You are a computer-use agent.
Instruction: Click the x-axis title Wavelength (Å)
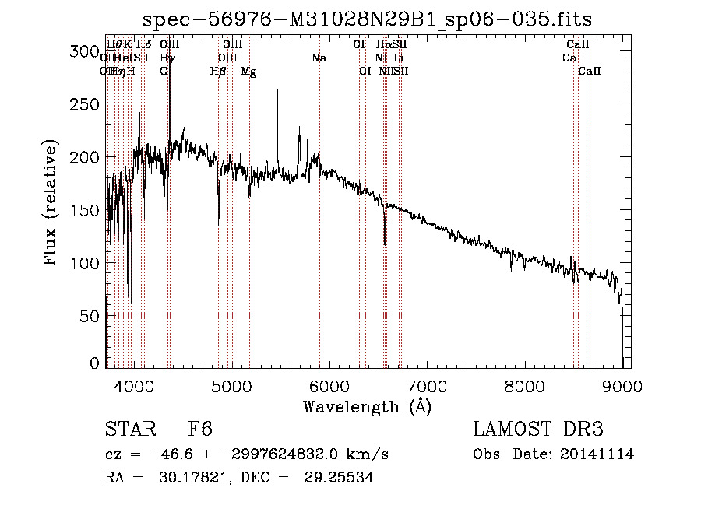(x=368, y=406)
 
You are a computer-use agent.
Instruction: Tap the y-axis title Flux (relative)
(x=51, y=204)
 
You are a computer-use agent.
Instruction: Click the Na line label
(x=318, y=58)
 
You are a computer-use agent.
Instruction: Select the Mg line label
(x=248, y=72)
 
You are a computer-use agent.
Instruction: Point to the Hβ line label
(x=218, y=72)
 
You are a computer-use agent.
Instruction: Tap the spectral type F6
(x=200, y=430)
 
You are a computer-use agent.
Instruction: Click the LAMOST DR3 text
(x=537, y=430)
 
